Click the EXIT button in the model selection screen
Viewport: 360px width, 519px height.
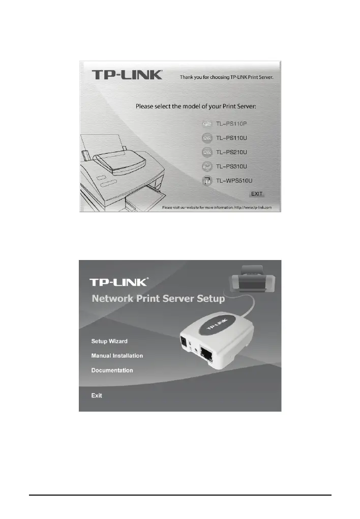(x=257, y=194)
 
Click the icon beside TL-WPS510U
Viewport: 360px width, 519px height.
(x=206, y=181)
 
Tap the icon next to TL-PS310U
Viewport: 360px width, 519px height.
(x=206, y=166)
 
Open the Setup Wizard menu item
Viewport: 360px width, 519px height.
(x=109, y=341)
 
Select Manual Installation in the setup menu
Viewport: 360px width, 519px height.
(x=117, y=356)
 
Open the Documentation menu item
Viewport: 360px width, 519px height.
(x=112, y=370)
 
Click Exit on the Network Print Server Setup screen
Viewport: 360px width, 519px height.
(x=97, y=395)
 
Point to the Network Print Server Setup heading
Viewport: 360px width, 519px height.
(x=158, y=299)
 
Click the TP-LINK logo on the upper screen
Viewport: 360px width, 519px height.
(x=127, y=75)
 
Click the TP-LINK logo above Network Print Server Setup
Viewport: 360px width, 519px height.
(x=119, y=282)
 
